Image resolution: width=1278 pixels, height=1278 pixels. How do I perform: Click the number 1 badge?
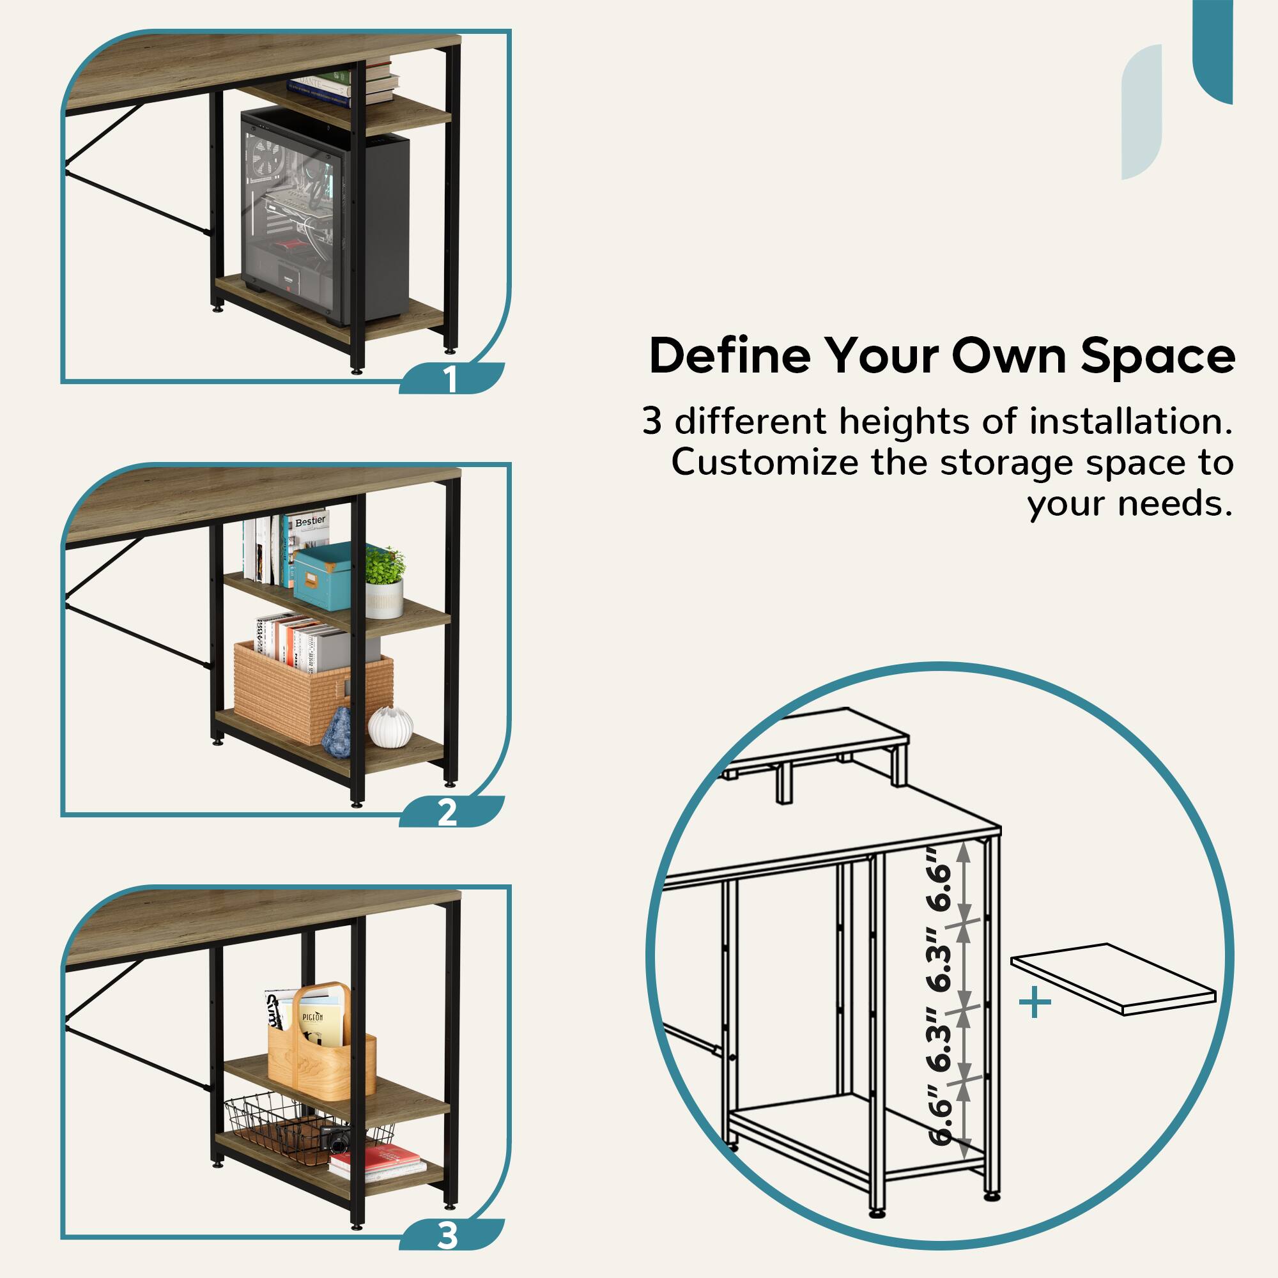[x=450, y=379]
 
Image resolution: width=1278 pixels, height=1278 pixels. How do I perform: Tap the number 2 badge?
[x=448, y=812]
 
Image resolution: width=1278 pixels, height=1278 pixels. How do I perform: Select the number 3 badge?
[x=448, y=1235]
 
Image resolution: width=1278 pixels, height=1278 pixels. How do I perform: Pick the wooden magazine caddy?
[x=321, y=1045]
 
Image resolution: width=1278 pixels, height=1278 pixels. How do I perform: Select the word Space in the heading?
[x=1158, y=356]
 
